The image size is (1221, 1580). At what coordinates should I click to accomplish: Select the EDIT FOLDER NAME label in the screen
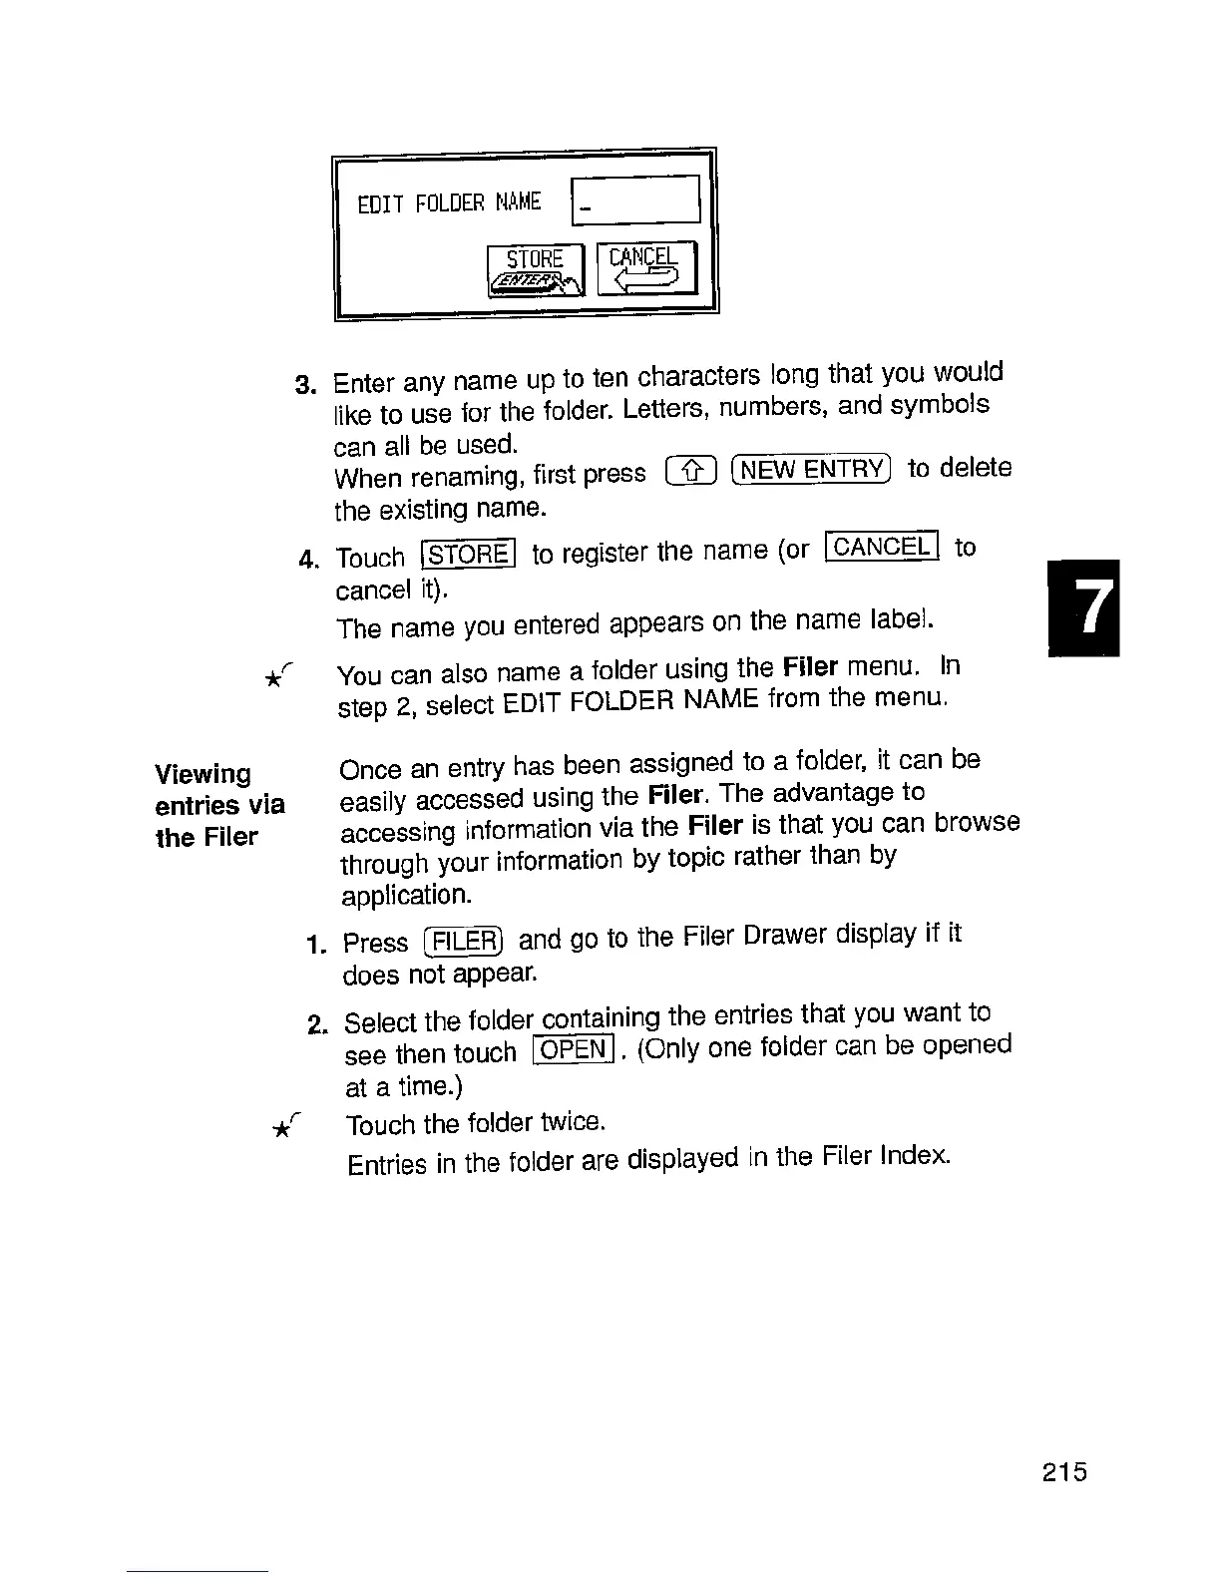pyautogui.click(x=449, y=203)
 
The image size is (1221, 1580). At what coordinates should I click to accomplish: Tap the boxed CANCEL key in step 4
pyautogui.click(x=883, y=546)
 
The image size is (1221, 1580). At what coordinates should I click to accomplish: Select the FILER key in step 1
pyautogui.click(x=464, y=941)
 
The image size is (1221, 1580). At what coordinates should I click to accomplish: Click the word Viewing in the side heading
pyautogui.click(x=203, y=774)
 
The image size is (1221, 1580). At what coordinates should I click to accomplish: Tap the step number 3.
pyautogui.click(x=305, y=385)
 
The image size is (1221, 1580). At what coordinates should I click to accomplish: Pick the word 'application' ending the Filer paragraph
pyautogui.click(x=406, y=895)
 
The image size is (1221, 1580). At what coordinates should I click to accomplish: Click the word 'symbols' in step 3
pyautogui.click(x=940, y=405)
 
